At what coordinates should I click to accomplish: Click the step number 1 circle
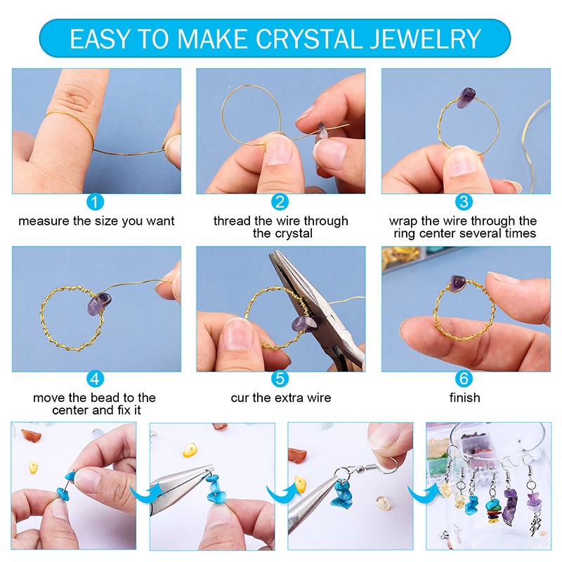95,202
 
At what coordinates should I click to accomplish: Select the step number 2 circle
280,202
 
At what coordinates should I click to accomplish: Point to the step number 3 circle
464,202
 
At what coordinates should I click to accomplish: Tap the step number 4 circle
95,379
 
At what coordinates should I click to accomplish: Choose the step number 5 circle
280,379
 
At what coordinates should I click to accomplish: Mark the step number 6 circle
464,379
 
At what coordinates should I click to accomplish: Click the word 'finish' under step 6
464,398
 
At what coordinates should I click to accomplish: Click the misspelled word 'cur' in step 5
239,398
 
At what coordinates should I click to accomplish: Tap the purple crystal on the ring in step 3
466,98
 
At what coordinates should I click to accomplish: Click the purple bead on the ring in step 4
99,303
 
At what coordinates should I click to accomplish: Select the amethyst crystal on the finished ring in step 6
458,282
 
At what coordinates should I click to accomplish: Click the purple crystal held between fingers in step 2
322,132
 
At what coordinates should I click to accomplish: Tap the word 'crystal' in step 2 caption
293,234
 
